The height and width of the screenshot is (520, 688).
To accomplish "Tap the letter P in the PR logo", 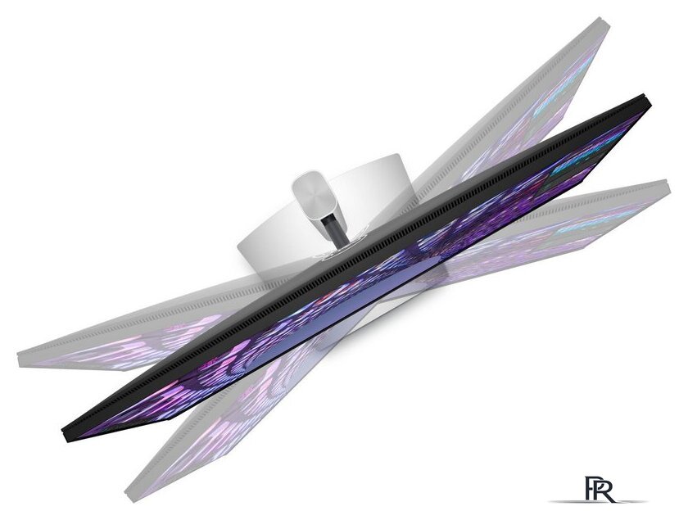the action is click(591, 488).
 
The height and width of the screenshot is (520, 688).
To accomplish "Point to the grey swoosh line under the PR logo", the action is click(598, 501).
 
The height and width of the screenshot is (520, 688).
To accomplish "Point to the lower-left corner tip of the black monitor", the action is click(66, 439).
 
